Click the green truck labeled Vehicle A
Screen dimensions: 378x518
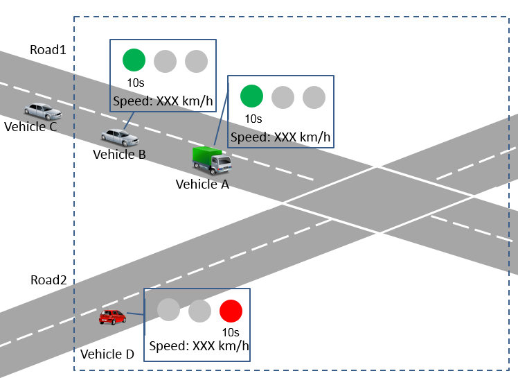click(211, 160)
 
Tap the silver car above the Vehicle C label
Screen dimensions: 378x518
click(43, 111)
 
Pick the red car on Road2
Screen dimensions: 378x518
click(112, 317)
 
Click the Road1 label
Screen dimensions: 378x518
click(48, 50)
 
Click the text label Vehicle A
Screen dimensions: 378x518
click(202, 184)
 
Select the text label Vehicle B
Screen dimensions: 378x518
click(119, 154)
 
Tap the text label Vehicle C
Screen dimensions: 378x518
click(30, 126)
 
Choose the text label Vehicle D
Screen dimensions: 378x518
click(107, 354)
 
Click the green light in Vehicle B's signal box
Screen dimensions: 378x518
click(134, 60)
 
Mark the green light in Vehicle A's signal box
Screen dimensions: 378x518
click(251, 96)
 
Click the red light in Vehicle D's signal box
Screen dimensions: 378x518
click(231, 310)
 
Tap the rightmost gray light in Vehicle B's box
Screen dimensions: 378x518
click(196, 60)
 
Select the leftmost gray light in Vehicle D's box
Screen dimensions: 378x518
click(168, 310)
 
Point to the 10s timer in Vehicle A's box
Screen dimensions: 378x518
click(253, 119)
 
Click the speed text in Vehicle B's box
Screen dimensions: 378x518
click(163, 101)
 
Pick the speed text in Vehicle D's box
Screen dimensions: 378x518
click(199, 346)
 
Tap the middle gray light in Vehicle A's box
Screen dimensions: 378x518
click(283, 96)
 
